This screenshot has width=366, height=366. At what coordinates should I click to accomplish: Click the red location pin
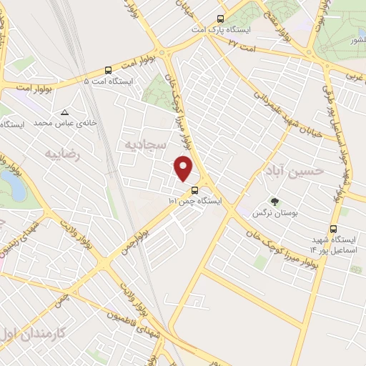click(x=184, y=167)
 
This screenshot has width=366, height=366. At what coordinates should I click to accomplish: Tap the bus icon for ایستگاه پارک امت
click(x=221, y=21)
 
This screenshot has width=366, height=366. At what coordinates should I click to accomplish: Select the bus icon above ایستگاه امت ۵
click(x=108, y=70)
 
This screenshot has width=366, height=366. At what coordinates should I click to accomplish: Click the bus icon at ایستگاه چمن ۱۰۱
click(x=194, y=190)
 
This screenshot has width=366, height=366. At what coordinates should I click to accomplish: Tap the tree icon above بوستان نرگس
click(x=273, y=201)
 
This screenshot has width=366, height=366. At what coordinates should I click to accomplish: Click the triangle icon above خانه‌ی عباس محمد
click(x=65, y=112)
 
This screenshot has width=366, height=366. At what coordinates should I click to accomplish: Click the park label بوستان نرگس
click(x=274, y=213)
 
